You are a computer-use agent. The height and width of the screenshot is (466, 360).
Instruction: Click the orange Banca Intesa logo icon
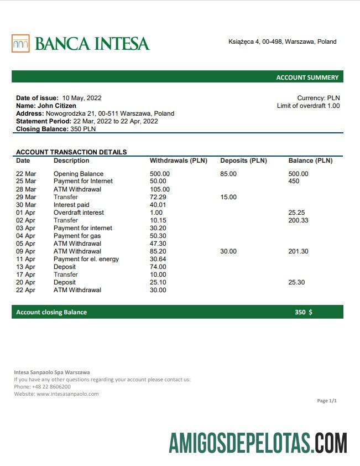point(20,43)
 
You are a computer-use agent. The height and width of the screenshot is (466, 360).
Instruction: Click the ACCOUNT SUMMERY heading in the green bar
point(307,77)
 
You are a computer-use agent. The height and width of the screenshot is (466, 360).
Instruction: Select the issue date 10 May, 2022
point(82,98)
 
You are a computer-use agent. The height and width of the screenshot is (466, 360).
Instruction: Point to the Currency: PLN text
point(319,98)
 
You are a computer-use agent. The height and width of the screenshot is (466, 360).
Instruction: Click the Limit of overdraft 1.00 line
point(308,106)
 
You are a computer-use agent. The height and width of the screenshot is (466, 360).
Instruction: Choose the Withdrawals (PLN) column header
point(178,160)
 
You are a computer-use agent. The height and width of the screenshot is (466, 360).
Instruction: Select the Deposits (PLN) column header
point(243,160)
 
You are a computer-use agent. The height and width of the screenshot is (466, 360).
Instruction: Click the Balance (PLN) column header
point(310,160)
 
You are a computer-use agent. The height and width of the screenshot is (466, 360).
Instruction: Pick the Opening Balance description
point(79,174)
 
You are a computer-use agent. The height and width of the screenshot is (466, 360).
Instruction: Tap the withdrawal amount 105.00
point(160,189)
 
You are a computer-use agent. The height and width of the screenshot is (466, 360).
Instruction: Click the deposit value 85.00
point(228,174)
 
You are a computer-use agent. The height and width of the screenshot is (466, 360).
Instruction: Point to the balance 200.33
point(299,220)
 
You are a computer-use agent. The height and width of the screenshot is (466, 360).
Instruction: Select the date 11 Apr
point(25,259)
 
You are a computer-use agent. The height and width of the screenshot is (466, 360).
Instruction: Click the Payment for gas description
point(77,236)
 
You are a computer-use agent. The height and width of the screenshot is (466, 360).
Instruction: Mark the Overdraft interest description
point(79,213)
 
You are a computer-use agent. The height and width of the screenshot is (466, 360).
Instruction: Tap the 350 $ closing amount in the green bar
point(303,312)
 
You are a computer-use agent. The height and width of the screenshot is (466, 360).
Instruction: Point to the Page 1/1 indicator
point(327,401)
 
